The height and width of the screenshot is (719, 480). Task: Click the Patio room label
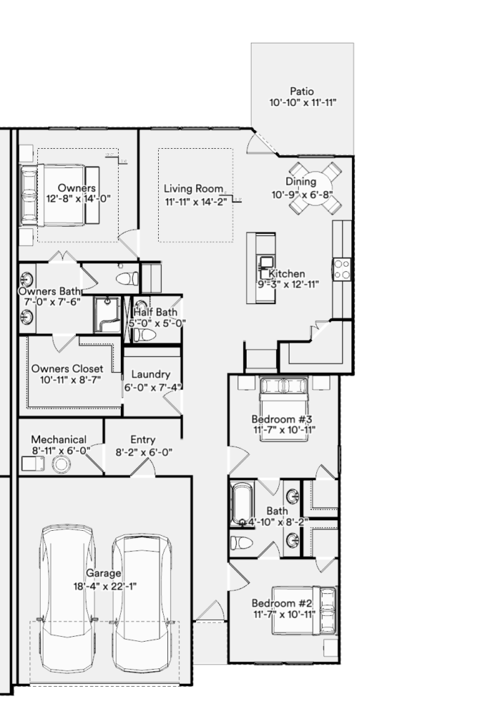302,91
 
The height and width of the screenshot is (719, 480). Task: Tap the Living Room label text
194,188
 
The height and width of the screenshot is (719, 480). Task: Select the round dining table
315,187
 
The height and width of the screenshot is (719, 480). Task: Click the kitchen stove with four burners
342,269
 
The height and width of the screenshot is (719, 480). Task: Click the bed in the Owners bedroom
60,196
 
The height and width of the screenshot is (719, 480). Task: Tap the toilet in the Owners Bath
127,278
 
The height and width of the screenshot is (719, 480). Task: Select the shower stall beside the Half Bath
108,315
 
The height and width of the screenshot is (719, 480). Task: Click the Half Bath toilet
145,335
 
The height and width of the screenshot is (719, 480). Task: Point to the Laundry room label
150,375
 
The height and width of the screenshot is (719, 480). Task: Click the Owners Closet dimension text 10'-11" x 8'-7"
71,380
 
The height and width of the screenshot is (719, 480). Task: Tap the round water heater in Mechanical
61,465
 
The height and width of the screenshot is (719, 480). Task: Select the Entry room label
143,440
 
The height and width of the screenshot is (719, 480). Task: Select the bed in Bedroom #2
304,610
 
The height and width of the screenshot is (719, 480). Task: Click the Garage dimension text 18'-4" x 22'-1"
105,586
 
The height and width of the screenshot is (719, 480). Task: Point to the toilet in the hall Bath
241,543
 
